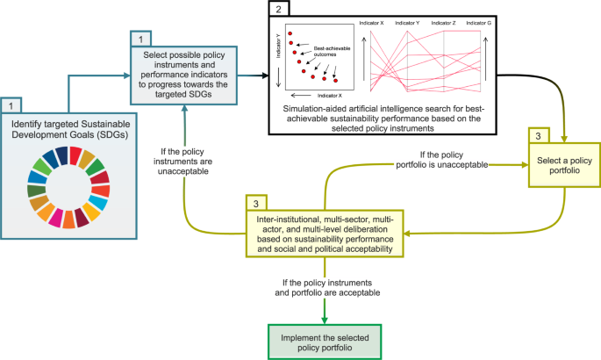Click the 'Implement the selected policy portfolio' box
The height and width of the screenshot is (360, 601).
click(325, 342)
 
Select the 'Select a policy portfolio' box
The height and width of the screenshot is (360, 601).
click(564, 165)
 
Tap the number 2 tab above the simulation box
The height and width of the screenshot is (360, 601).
click(279, 9)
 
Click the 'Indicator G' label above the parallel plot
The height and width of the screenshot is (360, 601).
click(478, 23)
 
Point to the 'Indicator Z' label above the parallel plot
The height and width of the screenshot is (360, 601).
click(443, 23)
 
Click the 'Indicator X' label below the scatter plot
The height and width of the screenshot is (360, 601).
click(330, 96)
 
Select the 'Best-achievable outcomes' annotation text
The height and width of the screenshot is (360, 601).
click(332, 52)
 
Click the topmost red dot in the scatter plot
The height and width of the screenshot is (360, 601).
click(290, 33)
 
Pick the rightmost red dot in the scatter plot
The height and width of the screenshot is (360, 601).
click(335, 81)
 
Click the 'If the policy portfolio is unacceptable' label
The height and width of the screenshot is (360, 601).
click(441, 160)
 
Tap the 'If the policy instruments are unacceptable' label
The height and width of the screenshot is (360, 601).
click(182, 162)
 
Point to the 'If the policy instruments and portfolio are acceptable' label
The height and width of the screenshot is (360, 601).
click(327, 287)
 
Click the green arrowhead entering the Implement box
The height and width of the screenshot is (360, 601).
click(325, 320)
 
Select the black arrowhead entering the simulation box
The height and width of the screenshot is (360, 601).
click(265, 76)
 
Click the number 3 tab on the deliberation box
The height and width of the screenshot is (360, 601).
click(256, 204)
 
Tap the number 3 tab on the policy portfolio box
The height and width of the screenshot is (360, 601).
click(539, 136)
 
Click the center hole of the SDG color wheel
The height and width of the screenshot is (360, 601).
click(68, 188)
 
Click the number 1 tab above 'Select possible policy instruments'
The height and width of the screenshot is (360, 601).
click(140, 40)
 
